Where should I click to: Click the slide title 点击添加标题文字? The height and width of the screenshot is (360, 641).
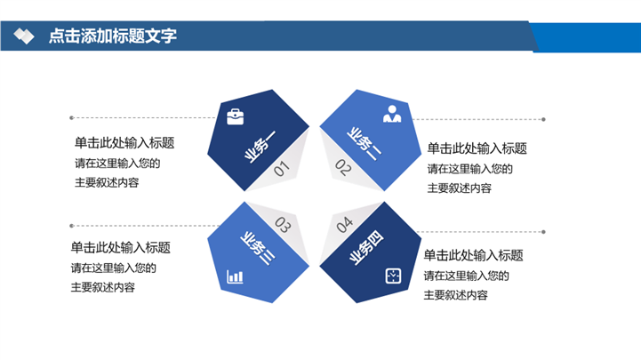(x=113, y=36)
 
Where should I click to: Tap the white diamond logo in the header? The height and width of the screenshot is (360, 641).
(x=24, y=36)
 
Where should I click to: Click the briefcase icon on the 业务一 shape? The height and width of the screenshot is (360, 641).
(x=235, y=116)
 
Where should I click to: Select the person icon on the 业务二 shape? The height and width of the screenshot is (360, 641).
(x=392, y=114)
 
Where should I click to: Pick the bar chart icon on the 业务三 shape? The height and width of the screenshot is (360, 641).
(x=235, y=276)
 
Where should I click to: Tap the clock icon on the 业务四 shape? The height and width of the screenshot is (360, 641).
(x=393, y=276)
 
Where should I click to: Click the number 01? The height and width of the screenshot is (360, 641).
(x=281, y=169)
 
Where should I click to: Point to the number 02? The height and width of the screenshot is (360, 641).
(x=343, y=167)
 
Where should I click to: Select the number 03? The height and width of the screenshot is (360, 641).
(x=283, y=225)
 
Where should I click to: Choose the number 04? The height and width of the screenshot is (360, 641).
(x=345, y=224)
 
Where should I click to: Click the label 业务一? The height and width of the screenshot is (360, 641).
(x=260, y=147)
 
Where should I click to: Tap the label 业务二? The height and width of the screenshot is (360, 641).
(x=364, y=144)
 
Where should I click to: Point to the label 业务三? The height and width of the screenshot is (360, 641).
(x=258, y=248)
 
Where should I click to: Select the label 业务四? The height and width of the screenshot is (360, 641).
(x=366, y=248)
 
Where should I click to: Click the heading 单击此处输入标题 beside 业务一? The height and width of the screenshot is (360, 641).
(x=124, y=143)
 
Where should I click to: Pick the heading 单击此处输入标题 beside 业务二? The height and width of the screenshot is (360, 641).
(x=477, y=148)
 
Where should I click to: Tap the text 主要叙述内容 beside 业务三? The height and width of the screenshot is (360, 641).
(x=103, y=287)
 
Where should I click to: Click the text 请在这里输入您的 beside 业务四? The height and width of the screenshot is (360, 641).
(x=467, y=276)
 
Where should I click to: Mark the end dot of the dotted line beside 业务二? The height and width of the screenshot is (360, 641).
(x=543, y=119)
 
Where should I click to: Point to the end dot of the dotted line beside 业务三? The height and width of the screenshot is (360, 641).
(x=71, y=226)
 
